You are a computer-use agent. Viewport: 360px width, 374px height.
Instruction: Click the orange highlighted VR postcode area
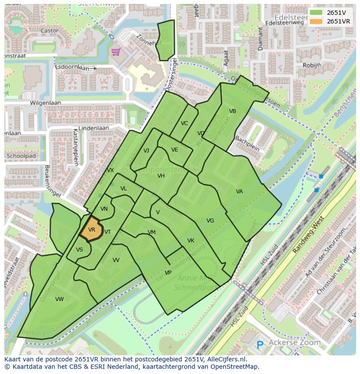tap(92, 230)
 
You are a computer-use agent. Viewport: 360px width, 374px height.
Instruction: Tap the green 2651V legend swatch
tap(316, 12)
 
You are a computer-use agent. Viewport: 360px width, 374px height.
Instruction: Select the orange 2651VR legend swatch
tap(316, 21)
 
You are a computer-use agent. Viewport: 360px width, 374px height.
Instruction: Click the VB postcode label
tap(233, 111)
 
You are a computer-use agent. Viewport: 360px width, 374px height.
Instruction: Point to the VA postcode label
tap(240, 192)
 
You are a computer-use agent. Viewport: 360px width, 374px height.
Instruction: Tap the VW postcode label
tap(60, 299)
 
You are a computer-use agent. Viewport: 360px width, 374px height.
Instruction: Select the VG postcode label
tap(210, 221)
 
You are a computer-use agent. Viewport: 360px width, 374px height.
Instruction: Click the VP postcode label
tap(168, 273)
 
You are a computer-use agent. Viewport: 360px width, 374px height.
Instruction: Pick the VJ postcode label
tap(147, 151)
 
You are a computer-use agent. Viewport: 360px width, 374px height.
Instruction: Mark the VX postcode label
tap(110, 170)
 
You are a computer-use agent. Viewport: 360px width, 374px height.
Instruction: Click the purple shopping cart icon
tap(115, 52)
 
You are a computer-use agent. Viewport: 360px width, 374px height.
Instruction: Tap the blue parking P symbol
tap(260, 345)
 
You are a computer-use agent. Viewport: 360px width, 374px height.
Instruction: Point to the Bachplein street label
tap(247, 143)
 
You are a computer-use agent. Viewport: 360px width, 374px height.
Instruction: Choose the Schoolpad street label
tap(21, 156)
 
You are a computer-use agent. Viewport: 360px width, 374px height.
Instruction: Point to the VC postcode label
tap(184, 123)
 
